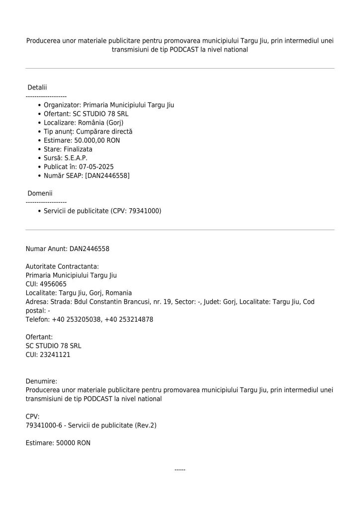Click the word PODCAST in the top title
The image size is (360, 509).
(x=184, y=50)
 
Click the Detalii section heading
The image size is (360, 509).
(x=37, y=87)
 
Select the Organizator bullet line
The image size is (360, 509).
(x=108, y=105)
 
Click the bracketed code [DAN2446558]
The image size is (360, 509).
(x=107, y=176)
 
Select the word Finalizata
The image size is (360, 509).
(x=78, y=149)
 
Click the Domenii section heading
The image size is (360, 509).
(x=40, y=193)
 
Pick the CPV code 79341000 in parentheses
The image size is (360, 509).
(x=144, y=211)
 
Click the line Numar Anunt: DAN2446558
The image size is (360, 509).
(x=67, y=249)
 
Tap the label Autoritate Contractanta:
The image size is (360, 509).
(x=62, y=266)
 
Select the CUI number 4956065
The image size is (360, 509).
(x=54, y=284)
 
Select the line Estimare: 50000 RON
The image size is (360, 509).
(x=58, y=442)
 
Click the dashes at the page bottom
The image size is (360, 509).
(x=180, y=470)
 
